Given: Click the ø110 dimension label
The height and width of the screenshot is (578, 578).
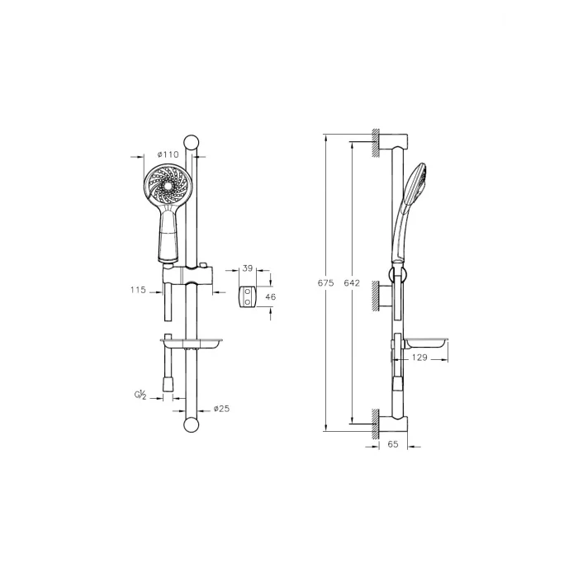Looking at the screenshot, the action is (168, 154).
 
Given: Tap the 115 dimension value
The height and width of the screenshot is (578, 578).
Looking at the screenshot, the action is (138, 290).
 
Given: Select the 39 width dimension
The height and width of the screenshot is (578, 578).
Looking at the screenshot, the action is (248, 268).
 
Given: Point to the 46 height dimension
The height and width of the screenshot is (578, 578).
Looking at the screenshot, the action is (270, 296).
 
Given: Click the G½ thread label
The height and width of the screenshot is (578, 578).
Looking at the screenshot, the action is (140, 396).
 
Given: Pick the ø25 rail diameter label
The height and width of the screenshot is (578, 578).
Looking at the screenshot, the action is (221, 409).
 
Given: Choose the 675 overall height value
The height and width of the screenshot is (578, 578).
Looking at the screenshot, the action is (326, 283).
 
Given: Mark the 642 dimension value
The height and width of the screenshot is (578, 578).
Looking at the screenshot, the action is (352, 283).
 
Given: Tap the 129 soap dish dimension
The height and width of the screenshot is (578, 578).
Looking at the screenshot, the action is (419, 358).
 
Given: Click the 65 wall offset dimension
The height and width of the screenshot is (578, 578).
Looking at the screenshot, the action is (393, 444).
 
